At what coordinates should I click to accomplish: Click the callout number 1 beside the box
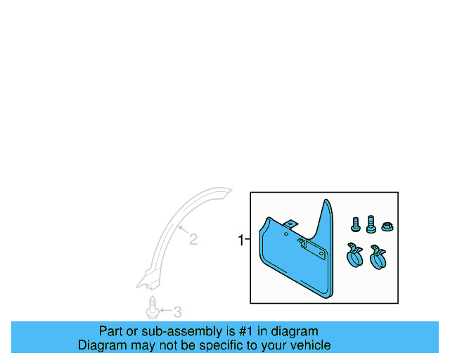tap(240, 240)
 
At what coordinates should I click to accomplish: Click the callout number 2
tap(193, 240)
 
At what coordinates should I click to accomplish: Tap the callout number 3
tap(177, 311)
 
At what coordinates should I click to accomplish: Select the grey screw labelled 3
tap(152, 309)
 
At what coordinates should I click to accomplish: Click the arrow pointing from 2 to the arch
tap(181, 231)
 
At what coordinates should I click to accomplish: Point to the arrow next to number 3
tap(166, 310)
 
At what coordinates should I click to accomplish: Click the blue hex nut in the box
tap(386, 226)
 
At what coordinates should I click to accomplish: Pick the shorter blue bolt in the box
tap(355, 225)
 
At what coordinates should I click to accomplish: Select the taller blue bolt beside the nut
tap(371, 224)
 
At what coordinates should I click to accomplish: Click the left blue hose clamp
tap(354, 256)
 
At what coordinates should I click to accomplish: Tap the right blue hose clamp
tap(379, 258)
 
